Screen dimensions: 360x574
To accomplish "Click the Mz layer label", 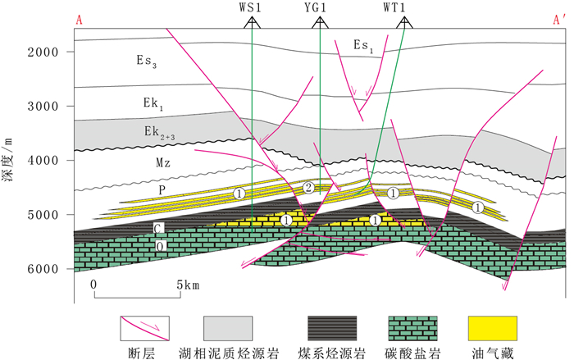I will click(x=162, y=163).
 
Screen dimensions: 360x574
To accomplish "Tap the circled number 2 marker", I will click(x=307, y=189).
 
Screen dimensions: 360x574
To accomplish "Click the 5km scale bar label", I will click(x=188, y=284).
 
